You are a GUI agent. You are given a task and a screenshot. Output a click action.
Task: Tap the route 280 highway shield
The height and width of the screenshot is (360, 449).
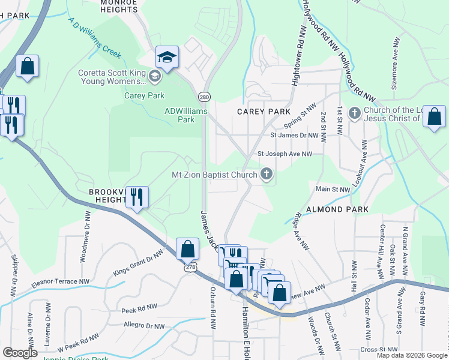click(204, 96)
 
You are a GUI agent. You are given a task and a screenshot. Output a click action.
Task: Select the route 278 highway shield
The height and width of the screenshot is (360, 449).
click(190, 269)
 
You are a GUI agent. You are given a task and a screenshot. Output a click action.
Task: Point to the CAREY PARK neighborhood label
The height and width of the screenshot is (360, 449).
click(264, 112)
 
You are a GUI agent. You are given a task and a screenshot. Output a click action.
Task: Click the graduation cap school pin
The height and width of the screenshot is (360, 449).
click(167, 58)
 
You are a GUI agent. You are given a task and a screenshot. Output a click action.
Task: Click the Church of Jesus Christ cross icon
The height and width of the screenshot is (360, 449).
click(355, 112)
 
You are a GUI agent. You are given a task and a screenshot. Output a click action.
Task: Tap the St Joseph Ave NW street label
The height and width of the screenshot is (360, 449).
click(285, 154)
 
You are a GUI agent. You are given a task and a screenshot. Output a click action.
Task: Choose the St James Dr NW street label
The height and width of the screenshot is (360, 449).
click(294, 136)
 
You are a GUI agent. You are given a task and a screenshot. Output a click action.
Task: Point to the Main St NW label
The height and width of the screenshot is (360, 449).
click(333, 190)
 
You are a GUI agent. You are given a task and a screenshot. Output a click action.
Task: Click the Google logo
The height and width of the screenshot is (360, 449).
click(20, 353)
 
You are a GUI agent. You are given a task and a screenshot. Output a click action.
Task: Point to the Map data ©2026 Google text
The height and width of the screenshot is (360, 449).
click(411, 355)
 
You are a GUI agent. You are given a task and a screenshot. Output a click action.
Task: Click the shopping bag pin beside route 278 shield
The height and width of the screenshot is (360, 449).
click(187, 248)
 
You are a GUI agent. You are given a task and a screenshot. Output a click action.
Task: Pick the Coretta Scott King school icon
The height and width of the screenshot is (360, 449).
click(155, 76)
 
